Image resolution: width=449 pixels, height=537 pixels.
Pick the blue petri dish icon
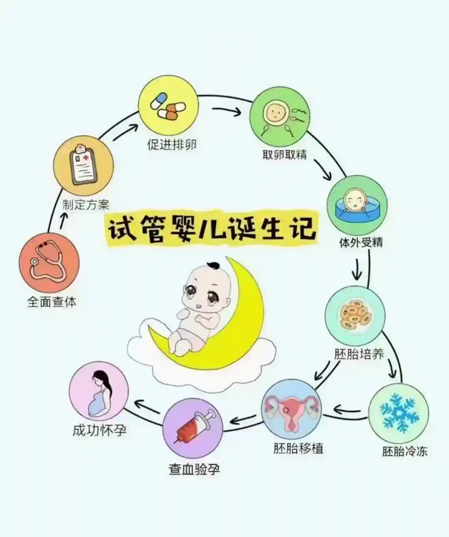[x=357, y=205]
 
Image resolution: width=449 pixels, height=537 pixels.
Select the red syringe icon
[x=192, y=428]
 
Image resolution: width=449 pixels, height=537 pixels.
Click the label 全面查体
[x=52, y=302]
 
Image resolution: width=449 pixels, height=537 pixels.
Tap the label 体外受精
[x=361, y=243]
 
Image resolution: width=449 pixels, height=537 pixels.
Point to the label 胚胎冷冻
[x=405, y=451]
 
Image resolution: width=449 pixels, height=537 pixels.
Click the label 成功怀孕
[x=100, y=431]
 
